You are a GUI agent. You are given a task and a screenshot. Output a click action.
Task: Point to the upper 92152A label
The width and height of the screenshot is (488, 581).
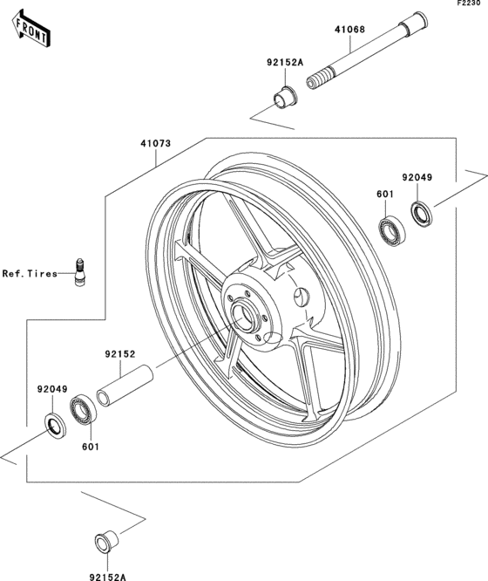(x=284, y=63)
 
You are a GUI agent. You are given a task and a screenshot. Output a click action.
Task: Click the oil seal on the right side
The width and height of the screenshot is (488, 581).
(x=424, y=212)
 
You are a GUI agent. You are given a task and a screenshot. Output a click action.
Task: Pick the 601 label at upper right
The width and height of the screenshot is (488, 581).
(x=383, y=196)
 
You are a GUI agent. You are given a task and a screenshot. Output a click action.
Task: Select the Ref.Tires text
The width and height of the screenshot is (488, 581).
(x=29, y=273)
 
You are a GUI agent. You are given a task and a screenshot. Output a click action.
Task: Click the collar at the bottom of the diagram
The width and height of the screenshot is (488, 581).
(x=105, y=541)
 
